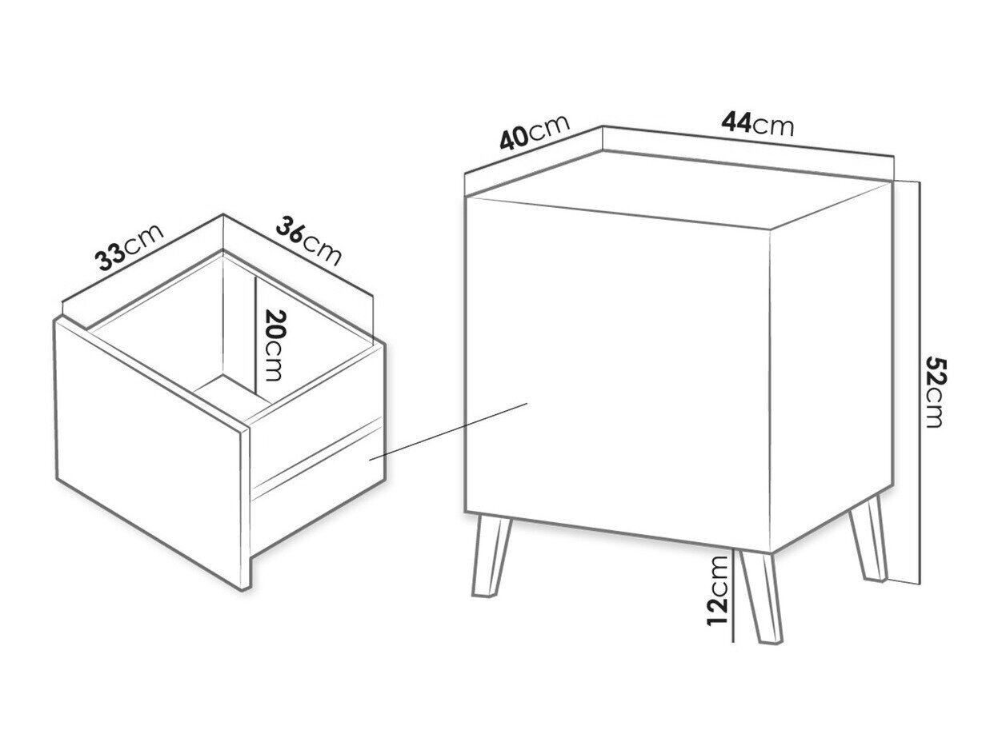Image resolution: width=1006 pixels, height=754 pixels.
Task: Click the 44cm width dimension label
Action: point(756,124)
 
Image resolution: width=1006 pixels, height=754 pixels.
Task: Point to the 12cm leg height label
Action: point(718,590)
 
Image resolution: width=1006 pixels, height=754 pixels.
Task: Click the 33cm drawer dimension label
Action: point(129,246)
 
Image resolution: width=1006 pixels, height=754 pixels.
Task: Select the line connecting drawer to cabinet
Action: point(449,431)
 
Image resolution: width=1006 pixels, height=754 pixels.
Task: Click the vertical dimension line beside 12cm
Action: point(734,596)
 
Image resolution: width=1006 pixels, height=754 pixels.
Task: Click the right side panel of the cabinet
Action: point(832,366)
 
